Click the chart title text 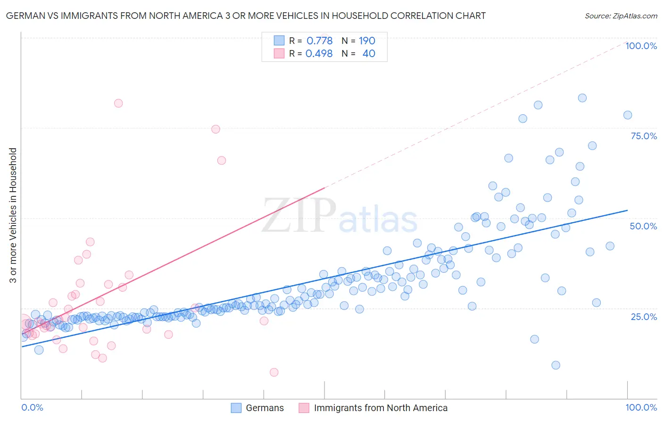246,16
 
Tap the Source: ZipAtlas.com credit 621,16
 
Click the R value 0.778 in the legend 319,41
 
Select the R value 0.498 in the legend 319,54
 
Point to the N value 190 367,41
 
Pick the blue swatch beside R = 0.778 279,41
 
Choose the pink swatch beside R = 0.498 279,54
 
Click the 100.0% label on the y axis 641,46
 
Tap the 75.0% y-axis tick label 644,136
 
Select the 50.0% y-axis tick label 643,226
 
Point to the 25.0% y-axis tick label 644,316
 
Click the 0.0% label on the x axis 32,407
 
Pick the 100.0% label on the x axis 641,407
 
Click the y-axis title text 13,215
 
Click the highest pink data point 118,103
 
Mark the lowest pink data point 274,372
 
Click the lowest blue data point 556,365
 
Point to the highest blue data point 582,98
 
